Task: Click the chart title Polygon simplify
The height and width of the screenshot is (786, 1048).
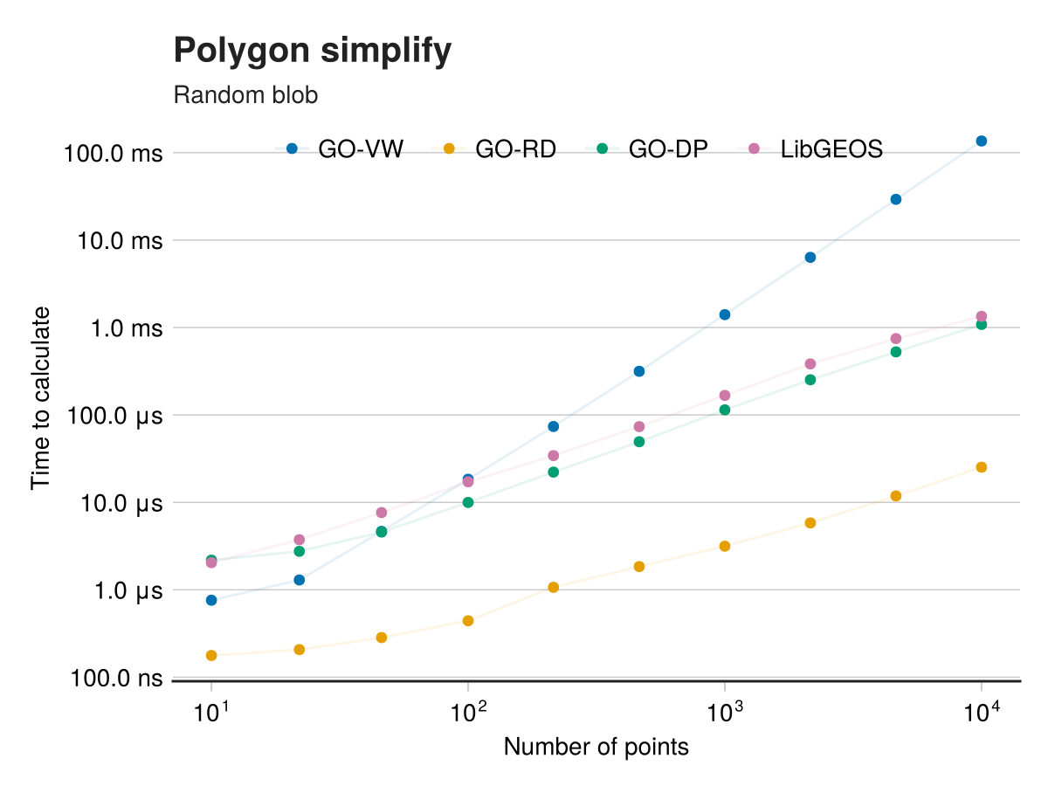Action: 313,52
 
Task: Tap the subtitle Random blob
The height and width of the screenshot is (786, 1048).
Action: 245,95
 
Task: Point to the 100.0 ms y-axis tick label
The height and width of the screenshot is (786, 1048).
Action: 114,154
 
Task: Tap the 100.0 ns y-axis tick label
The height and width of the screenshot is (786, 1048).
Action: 114,679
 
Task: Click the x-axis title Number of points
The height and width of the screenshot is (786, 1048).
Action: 596,748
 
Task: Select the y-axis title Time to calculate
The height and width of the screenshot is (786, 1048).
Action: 41,397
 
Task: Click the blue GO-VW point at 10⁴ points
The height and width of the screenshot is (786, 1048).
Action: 982,141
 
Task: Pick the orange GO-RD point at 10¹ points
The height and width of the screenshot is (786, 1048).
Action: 211,655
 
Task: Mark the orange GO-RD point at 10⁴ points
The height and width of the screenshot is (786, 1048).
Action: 982,467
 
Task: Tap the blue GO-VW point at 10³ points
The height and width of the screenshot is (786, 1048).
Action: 725,314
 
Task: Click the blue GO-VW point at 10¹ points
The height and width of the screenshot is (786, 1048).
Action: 211,600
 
